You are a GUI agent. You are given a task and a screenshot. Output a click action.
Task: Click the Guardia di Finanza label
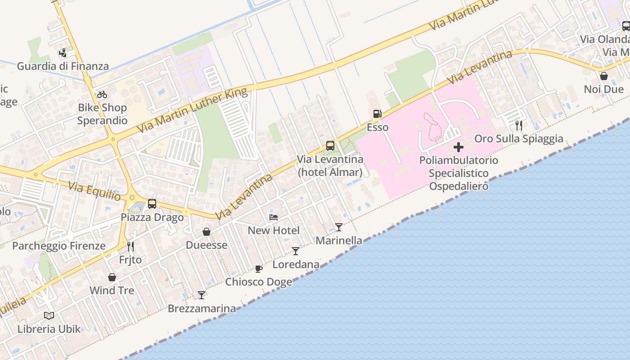(63, 66)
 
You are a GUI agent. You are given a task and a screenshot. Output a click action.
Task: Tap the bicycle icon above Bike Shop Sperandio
(102, 94)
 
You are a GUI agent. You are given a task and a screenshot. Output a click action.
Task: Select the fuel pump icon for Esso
(377, 114)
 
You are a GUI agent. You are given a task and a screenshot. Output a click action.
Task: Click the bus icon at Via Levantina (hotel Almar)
(330, 146)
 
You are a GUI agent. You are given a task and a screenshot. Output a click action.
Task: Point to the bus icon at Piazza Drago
(152, 204)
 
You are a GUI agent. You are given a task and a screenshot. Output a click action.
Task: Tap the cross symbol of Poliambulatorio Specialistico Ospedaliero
(459, 147)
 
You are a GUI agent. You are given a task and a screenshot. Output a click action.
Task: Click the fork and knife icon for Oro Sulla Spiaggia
(519, 126)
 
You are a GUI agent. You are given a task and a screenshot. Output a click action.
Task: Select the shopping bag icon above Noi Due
(604, 76)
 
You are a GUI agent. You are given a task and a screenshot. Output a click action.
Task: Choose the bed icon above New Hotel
(274, 217)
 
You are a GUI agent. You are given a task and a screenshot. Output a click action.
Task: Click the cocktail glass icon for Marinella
(339, 227)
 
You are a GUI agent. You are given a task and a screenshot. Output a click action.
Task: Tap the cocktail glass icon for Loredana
(296, 251)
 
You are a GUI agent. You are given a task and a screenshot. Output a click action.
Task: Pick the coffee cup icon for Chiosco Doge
(259, 269)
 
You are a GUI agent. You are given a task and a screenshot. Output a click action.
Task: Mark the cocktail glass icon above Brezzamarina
(202, 295)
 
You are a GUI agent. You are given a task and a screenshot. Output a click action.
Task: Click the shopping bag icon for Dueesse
(207, 232)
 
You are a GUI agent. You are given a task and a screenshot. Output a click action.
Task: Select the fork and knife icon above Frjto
(130, 246)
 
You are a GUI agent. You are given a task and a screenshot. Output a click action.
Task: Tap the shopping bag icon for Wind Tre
(112, 277)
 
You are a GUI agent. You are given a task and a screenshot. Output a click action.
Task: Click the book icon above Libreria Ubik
(49, 315)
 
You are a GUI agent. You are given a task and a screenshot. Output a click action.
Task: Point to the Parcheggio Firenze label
(59, 246)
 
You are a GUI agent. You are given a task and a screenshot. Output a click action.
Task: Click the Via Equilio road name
(94, 191)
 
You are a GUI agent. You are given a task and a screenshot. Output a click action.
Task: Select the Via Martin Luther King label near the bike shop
(192, 110)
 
